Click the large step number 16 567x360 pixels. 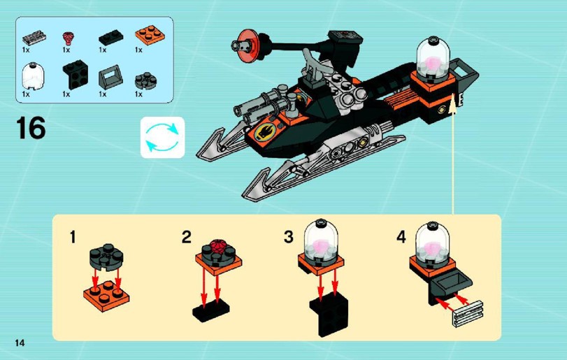click(x=31, y=128)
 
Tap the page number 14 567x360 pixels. click(x=20, y=343)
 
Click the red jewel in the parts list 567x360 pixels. click(x=68, y=38)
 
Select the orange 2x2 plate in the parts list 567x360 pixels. click(x=150, y=36)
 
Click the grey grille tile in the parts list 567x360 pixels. click(x=34, y=38)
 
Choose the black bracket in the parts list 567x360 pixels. click(x=76, y=75)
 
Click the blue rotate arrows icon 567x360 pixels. click(x=162, y=137)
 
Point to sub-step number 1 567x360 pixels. click(x=73, y=238)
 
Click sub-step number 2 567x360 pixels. click(x=186, y=237)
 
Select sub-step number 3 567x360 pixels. click(x=289, y=237)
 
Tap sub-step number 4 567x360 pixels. click(x=401, y=237)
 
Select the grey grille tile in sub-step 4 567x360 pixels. click(x=468, y=314)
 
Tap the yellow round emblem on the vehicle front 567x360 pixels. click(x=265, y=132)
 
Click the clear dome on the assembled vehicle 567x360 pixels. click(x=433, y=56)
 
